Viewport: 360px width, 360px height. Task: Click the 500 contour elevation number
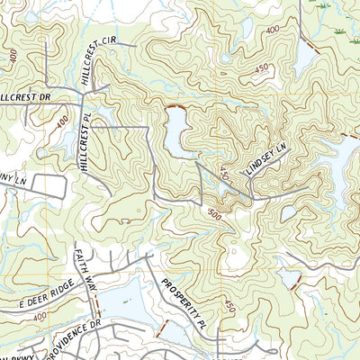click(x=214, y=215)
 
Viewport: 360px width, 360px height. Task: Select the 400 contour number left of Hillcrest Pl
click(x=61, y=120)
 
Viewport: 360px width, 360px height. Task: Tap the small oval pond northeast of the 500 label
click(x=288, y=214)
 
